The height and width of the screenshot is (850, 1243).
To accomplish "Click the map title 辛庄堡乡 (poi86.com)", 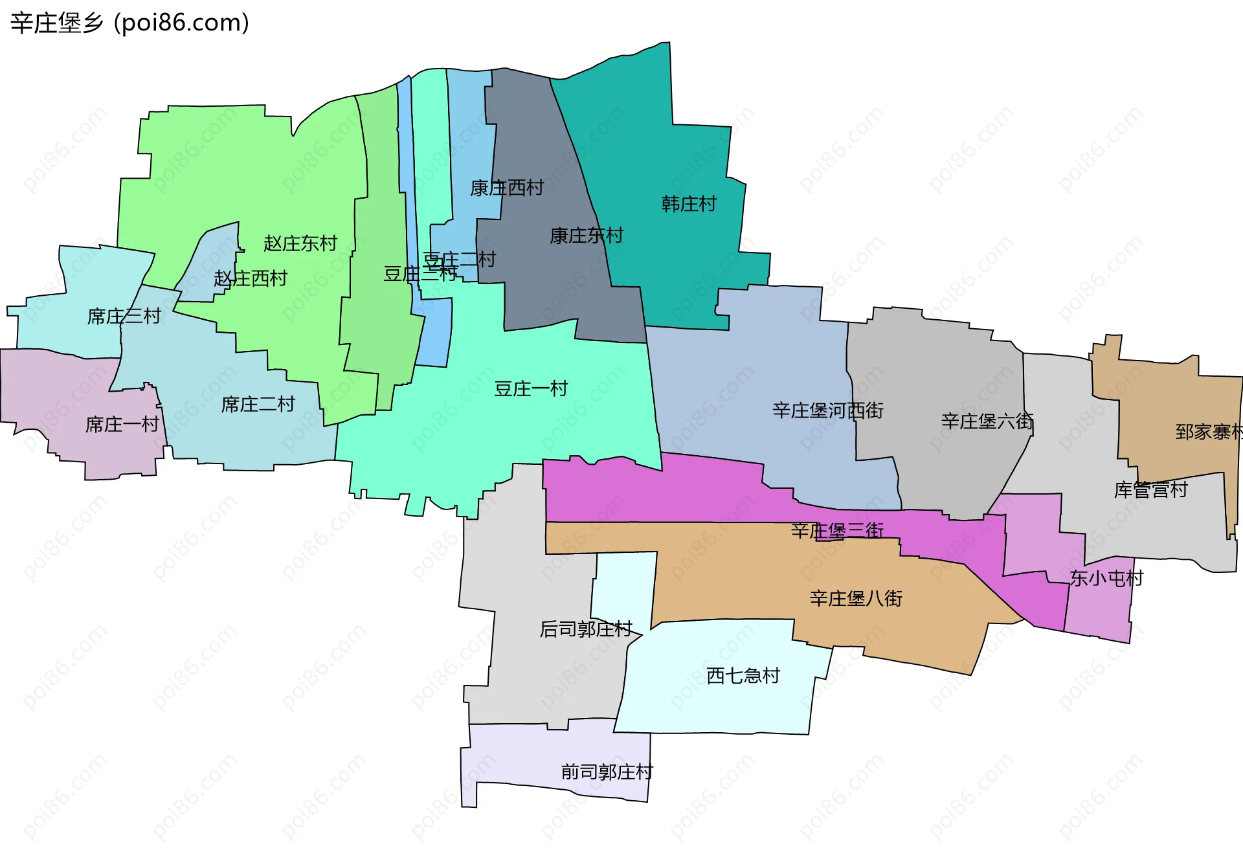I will pos(129,23).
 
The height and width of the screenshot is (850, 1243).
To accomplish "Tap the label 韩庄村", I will pos(689,205).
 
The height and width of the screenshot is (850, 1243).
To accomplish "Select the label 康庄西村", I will pos(507,188).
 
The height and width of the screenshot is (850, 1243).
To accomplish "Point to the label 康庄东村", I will pos(587,236).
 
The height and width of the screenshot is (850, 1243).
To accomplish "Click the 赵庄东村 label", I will pos(300,243).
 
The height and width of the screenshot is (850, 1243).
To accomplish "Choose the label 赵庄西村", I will pos(251,279).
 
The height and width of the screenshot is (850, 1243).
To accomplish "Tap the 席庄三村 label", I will pos(124,317).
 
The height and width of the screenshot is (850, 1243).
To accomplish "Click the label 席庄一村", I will pos(122,425).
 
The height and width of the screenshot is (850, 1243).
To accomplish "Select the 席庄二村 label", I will pos(258,405).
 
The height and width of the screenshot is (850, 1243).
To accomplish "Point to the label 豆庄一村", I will pos(531,389).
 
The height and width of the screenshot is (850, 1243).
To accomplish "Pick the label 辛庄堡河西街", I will pos(828,410).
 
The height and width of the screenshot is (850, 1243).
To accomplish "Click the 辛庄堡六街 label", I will pos(987,421).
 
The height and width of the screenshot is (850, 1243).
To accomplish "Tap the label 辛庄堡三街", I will pos(837,531).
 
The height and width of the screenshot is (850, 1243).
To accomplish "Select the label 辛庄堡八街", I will pos(856,598).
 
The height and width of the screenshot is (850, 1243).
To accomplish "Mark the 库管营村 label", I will pos(1151,490).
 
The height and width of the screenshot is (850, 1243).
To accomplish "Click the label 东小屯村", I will pos(1106,578).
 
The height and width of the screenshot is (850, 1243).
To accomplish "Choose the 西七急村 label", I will pos(743,676).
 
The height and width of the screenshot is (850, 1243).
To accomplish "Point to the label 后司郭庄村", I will pos(586,629).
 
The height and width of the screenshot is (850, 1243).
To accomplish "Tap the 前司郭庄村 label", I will pos(607,772).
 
